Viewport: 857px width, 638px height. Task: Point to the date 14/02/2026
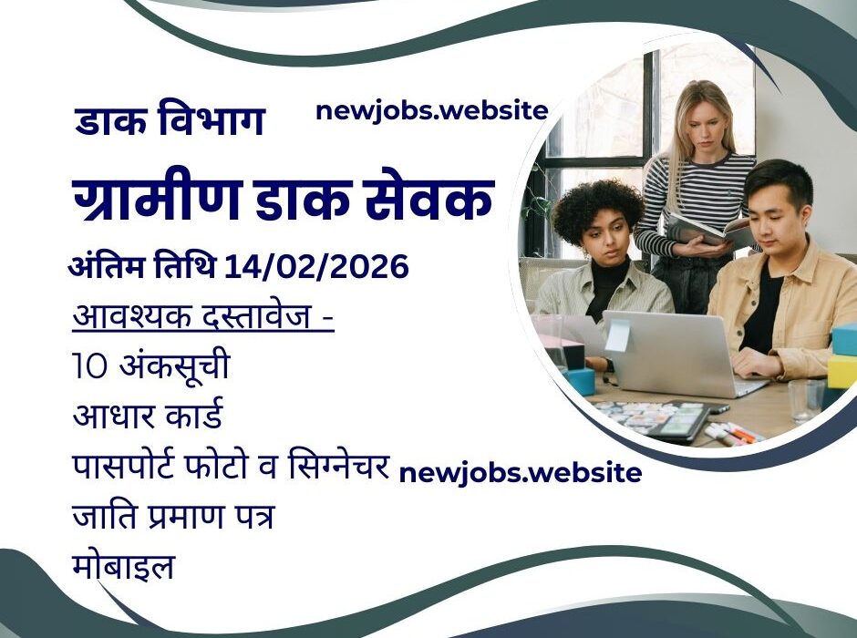coord(316,268)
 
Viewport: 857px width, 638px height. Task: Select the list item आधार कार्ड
coord(148,417)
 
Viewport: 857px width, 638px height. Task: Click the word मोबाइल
coord(123,567)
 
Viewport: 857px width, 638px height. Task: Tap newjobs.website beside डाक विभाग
coord(431,111)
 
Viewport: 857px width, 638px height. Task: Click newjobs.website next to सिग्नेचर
coord(520,473)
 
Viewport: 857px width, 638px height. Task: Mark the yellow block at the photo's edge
coord(842,369)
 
